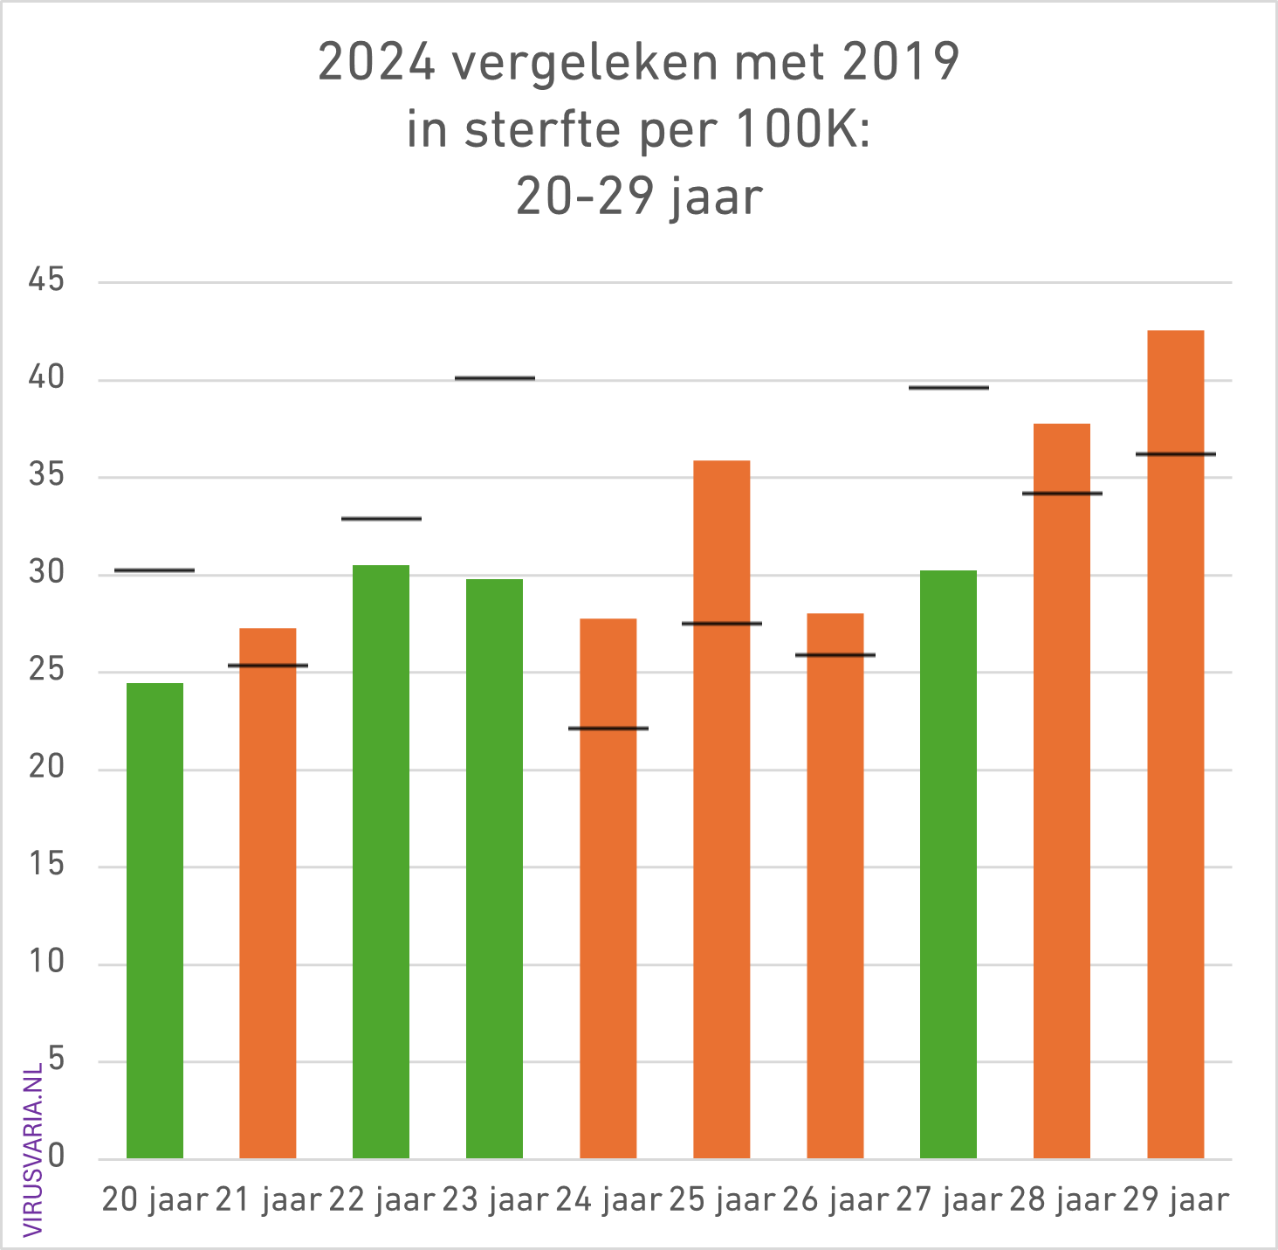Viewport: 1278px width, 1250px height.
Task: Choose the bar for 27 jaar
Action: [x=948, y=864]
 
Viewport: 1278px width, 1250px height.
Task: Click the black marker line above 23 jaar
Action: [x=494, y=378]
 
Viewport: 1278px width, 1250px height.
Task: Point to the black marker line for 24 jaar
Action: [x=608, y=728]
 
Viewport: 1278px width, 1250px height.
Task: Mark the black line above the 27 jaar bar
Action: [x=948, y=387]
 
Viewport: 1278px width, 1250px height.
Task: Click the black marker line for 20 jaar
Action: [x=155, y=570]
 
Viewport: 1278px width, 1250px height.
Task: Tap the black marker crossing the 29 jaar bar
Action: [x=1175, y=454]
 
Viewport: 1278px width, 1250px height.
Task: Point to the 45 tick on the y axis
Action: [x=46, y=280]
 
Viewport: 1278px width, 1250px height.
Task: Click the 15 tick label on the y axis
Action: [x=46, y=865]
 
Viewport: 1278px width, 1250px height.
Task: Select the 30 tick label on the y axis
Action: [x=46, y=573]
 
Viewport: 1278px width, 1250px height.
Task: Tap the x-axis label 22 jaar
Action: [x=381, y=1200]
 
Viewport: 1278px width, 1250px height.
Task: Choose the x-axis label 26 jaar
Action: [x=835, y=1200]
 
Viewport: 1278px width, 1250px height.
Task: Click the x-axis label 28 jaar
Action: [x=1062, y=1200]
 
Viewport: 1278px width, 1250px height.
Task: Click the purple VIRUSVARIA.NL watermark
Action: [x=33, y=1150]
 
